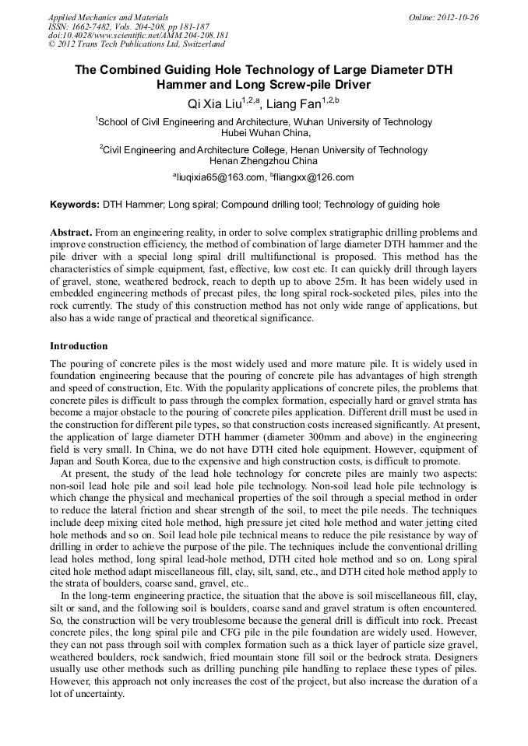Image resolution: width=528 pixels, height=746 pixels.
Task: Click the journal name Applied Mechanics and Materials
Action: (107, 17)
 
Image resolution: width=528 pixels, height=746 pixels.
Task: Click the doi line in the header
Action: (138, 35)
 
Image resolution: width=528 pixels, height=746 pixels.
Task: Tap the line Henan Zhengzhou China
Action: (264, 161)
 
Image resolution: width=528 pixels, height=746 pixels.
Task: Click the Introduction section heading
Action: (79, 346)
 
